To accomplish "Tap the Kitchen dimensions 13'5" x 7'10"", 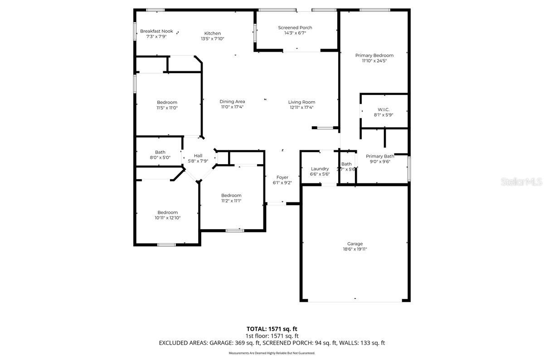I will pyautogui.click(x=212, y=39).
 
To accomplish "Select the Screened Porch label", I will pyautogui.click(x=295, y=28).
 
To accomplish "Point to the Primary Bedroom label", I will pyautogui.click(x=374, y=55).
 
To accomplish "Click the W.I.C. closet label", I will pyautogui.click(x=384, y=109).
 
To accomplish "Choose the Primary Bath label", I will pyautogui.click(x=380, y=156).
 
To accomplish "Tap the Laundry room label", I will pyautogui.click(x=320, y=169).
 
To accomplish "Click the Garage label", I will pyautogui.click(x=355, y=244).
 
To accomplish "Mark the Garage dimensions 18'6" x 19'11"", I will pyautogui.click(x=355, y=249).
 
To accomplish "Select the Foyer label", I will pyautogui.click(x=282, y=177).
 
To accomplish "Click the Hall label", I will pyautogui.click(x=198, y=155).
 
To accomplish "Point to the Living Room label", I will pyautogui.click(x=301, y=102).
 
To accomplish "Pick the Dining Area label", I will pyautogui.click(x=232, y=102).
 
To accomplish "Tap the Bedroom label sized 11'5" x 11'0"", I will pyautogui.click(x=167, y=102).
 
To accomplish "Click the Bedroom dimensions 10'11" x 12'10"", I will pyautogui.click(x=167, y=218).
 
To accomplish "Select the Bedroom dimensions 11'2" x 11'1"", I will pyautogui.click(x=231, y=201).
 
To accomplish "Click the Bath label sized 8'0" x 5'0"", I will pyautogui.click(x=160, y=152).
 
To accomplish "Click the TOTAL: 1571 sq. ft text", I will pyautogui.click(x=272, y=329).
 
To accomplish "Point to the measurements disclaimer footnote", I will pyautogui.click(x=272, y=353).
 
